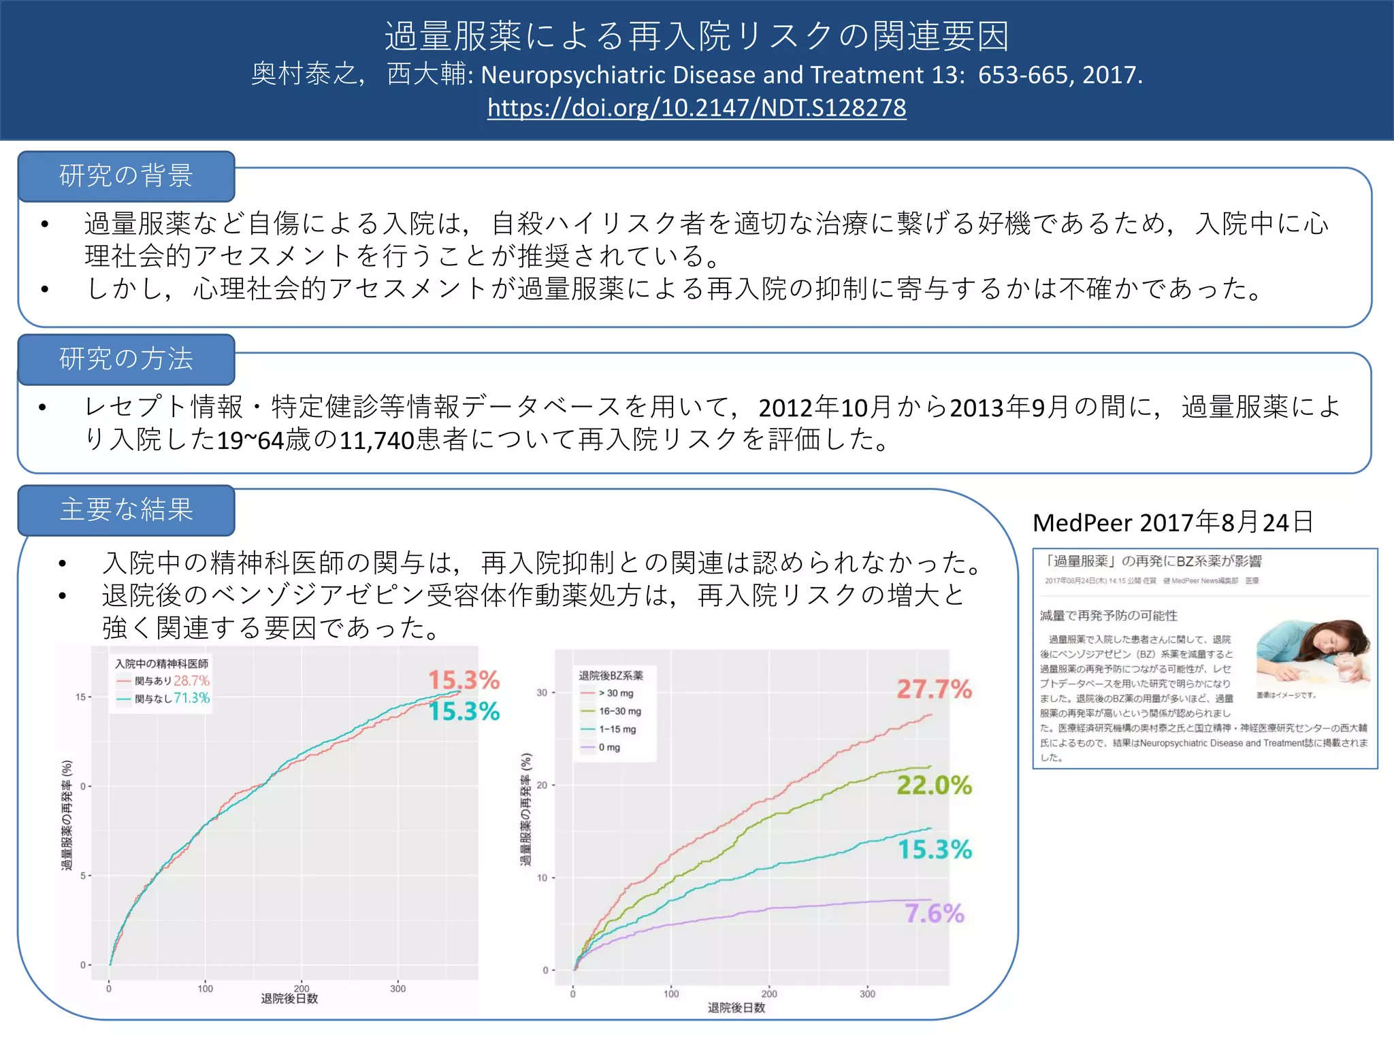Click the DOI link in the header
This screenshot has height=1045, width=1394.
(x=696, y=108)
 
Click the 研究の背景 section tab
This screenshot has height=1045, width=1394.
(x=127, y=176)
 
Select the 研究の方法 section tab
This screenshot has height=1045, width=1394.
(x=127, y=359)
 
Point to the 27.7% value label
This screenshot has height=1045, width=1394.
(x=934, y=690)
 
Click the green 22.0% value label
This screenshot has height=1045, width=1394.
(x=934, y=785)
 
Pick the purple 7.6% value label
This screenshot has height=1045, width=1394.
(x=934, y=914)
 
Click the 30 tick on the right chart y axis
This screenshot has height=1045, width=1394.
(x=542, y=693)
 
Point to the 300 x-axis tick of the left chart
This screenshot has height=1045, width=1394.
(x=398, y=989)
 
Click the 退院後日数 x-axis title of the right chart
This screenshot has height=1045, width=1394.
(x=736, y=1008)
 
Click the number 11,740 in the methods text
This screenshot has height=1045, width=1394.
(x=377, y=441)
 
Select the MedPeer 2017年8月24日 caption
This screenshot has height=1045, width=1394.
(x=1172, y=522)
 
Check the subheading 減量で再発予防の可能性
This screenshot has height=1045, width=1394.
(x=1108, y=616)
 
